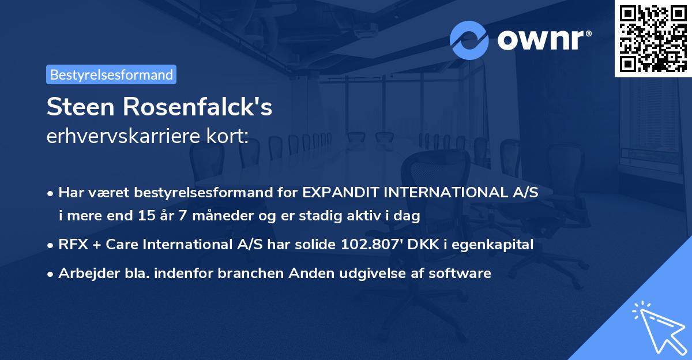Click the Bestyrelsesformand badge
pyautogui.click(x=111, y=74)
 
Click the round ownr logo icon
pyautogui.click(x=469, y=40)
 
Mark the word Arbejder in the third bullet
pyautogui.click(x=84, y=273)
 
